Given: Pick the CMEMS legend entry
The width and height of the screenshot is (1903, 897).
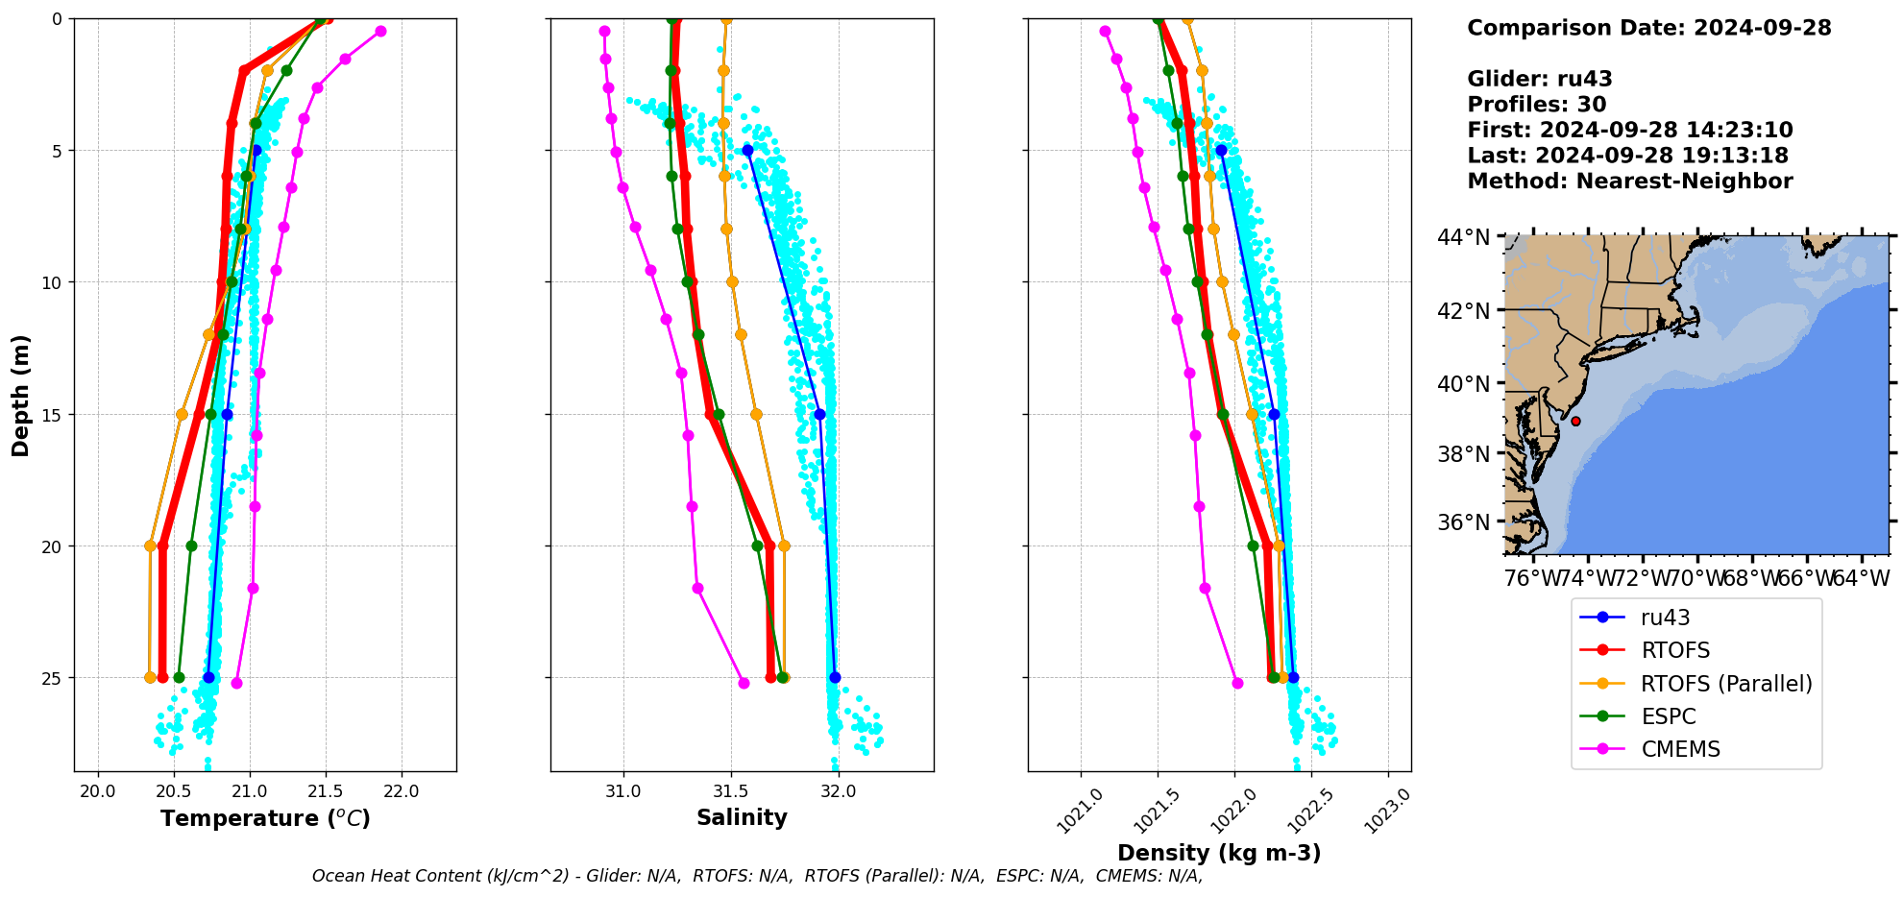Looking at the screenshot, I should coord(1680,749).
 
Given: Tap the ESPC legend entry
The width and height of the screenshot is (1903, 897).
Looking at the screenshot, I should coord(1668,716).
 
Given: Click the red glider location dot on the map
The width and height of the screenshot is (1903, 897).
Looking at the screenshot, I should coord(1575,421).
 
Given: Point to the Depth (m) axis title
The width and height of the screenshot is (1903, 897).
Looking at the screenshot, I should coord(20,395).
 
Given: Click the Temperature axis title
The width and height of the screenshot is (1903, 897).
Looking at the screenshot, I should coord(265,818).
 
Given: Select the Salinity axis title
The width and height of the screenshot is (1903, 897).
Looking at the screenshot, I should coord(742,817).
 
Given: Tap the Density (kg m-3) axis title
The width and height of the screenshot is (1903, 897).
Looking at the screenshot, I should coord(1219,853).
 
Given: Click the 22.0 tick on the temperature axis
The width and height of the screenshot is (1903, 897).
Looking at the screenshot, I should coord(401,791).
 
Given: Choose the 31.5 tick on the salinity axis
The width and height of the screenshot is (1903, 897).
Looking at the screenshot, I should coord(731,791).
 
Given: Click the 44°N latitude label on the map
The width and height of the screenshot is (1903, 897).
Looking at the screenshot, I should coord(1463,236).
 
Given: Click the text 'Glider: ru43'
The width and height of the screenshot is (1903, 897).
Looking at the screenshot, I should coord(1539,79).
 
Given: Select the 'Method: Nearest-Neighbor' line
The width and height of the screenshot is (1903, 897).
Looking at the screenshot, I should coord(1629,181).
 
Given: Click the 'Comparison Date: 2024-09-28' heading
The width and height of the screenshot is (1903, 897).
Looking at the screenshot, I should coord(1648,28).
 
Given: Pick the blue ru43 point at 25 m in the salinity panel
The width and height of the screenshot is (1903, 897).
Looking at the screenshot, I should coord(835,677).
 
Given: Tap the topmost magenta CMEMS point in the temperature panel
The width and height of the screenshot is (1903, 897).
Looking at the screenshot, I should coord(380,31).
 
